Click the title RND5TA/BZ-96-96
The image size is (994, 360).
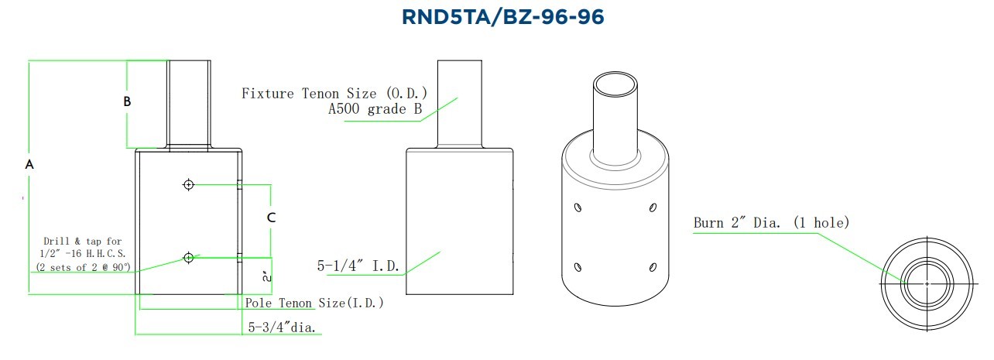click(502, 17)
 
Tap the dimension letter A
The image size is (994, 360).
click(29, 165)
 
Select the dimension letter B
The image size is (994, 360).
click(127, 101)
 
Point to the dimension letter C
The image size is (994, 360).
click(271, 218)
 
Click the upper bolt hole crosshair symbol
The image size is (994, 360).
click(189, 185)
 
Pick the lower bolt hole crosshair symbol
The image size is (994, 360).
click(189, 258)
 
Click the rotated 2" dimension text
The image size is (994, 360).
click(267, 276)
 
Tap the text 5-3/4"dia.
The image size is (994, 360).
click(282, 327)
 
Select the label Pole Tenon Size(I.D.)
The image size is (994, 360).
click(314, 303)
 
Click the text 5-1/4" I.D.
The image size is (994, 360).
click(358, 266)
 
